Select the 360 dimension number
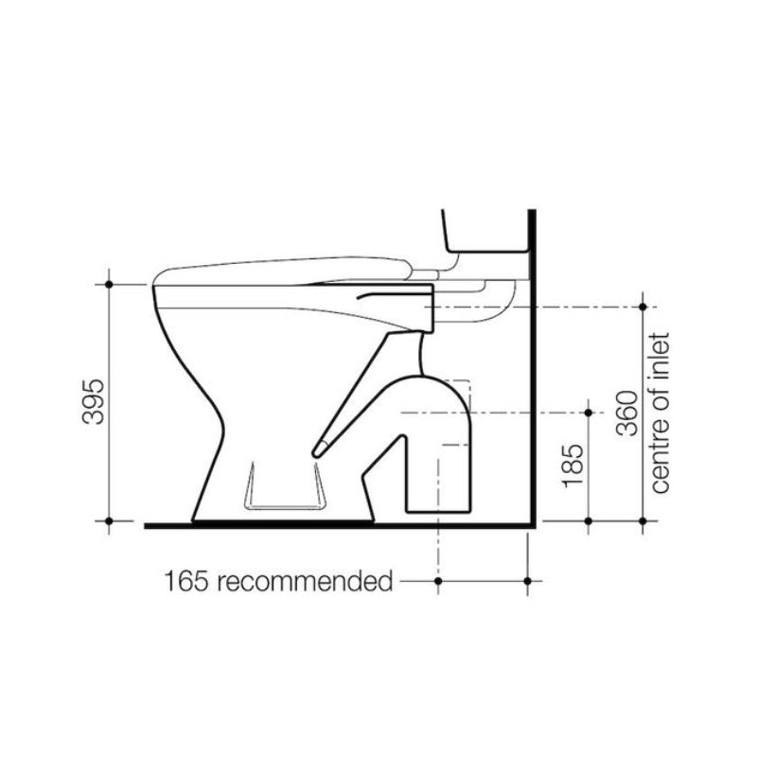pos(627,414)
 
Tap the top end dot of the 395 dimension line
pos(110,283)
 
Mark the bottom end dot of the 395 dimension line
pos(110,521)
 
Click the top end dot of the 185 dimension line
pos(589,413)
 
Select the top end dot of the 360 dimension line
pos(643,307)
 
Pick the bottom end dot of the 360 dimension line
pos(643,521)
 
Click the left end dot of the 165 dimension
pos(437,579)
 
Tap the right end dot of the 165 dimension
pos(528,579)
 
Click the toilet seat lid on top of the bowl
pos(284,268)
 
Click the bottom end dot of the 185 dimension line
pos(589,521)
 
